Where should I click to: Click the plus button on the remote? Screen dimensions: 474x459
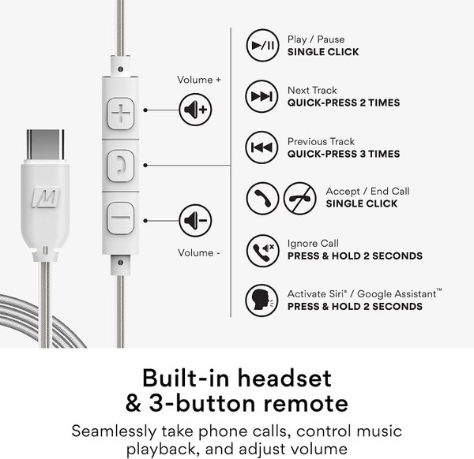click(x=120, y=114)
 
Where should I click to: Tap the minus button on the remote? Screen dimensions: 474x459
click(x=120, y=218)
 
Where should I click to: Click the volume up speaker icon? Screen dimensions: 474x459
click(x=195, y=110)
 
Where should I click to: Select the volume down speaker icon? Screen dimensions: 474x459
click(x=195, y=220)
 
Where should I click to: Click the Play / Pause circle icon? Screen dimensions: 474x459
click(x=262, y=45)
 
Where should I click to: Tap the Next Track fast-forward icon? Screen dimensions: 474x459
click(x=261, y=96)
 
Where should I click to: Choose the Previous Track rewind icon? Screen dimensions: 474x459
click(x=261, y=147)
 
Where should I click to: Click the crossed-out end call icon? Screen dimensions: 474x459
click(x=299, y=198)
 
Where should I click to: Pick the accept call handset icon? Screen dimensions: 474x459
click(x=262, y=198)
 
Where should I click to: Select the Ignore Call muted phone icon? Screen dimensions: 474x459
click(x=262, y=251)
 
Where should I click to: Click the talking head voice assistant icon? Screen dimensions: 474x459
click(x=261, y=300)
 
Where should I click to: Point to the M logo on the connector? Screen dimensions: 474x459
click(x=46, y=198)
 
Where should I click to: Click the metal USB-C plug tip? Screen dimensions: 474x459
click(x=45, y=144)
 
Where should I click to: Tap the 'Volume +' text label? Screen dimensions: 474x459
click(x=199, y=80)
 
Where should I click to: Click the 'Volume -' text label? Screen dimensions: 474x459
click(x=199, y=253)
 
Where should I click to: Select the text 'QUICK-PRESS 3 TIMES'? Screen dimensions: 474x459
click(x=344, y=154)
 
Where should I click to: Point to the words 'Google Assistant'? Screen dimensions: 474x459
click(x=397, y=293)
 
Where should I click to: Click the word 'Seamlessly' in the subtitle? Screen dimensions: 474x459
click(x=114, y=431)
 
